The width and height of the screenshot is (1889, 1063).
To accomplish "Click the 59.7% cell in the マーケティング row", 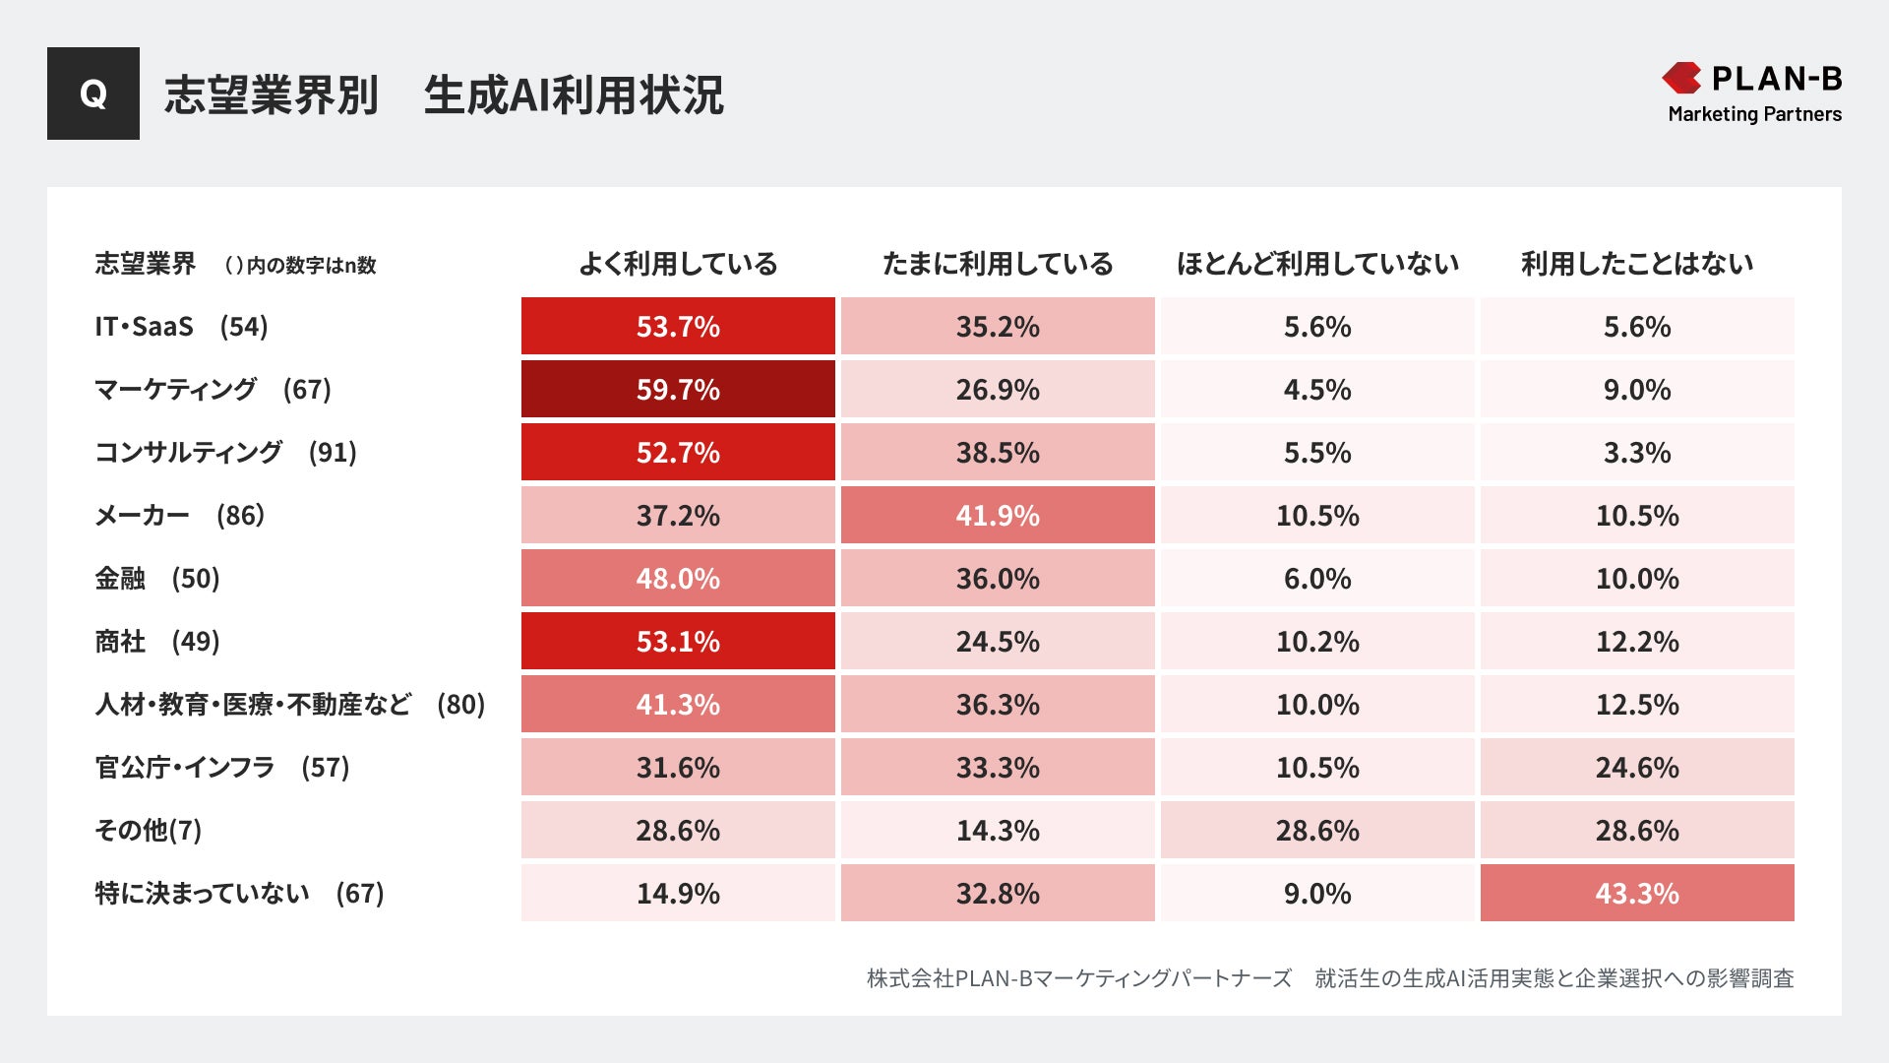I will pos(678,390).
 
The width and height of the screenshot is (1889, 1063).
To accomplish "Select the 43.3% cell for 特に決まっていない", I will pos(1637,894).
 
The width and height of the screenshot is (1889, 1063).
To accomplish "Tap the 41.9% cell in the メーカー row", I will pos(998,516).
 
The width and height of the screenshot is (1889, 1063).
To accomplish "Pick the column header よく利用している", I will pos(678,264).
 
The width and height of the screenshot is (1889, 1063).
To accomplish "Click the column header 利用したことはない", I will pos(1637,264).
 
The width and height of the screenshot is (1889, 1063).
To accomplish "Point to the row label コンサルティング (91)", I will pos(225,453).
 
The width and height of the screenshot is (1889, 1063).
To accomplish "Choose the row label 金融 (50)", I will pos(157,579).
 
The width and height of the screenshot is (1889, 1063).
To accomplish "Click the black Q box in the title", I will pos(93,94).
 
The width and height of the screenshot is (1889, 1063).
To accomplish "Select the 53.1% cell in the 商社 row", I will pos(678,642).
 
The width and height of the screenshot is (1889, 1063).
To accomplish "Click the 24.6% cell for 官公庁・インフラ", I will pos(1637,768).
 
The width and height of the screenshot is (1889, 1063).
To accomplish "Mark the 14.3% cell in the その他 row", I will pos(998,831).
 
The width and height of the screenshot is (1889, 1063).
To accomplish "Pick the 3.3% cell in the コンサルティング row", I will pos(1637,453).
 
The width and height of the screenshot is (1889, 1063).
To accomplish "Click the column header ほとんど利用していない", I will pos(1317,264).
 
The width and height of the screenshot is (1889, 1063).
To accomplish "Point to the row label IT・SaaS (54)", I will pos(181,327).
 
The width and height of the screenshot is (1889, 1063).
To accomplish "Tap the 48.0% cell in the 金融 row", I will pos(678,579).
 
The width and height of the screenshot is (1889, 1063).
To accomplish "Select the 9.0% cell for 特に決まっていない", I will pos(1317,894).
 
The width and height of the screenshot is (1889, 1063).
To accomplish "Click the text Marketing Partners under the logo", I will pos(1754,114).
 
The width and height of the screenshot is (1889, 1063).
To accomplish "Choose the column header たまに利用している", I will pos(998,264).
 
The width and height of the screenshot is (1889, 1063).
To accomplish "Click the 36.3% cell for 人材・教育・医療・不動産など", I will pos(998,705).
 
